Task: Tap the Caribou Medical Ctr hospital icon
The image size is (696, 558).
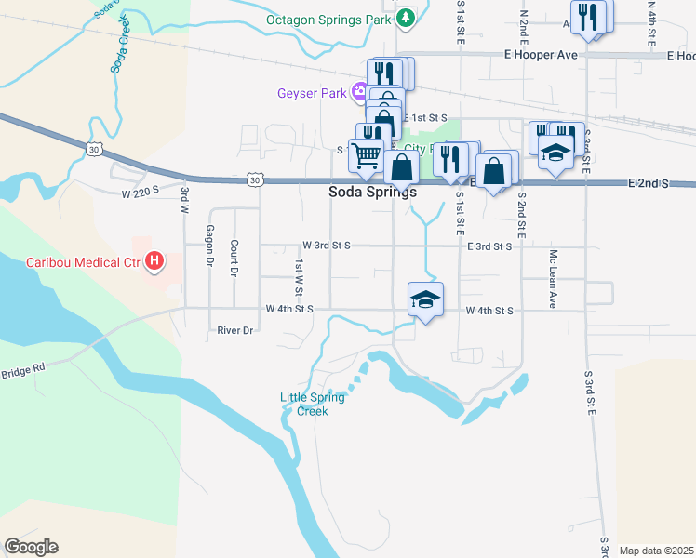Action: pyautogui.click(x=155, y=262)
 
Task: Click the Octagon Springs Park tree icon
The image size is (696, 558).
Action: pyautogui.click(x=406, y=18)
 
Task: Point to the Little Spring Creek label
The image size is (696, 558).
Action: pyautogui.click(x=313, y=404)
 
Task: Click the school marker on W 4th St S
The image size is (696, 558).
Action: pyautogui.click(x=425, y=299)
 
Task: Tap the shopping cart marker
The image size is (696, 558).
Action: pyautogui.click(x=368, y=155)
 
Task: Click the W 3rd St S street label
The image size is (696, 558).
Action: pyautogui.click(x=326, y=246)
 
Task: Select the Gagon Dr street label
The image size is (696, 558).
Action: pyautogui.click(x=210, y=246)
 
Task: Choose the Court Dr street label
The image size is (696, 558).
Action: pyautogui.click(x=234, y=259)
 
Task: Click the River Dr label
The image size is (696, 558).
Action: pyautogui.click(x=235, y=330)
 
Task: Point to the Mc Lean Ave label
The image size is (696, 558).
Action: pyautogui.click(x=553, y=279)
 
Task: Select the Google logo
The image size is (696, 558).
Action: pyautogui.click(x=31, y=547)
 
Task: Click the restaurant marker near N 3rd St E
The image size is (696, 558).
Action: pyautogui.click(x=588, y=18)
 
